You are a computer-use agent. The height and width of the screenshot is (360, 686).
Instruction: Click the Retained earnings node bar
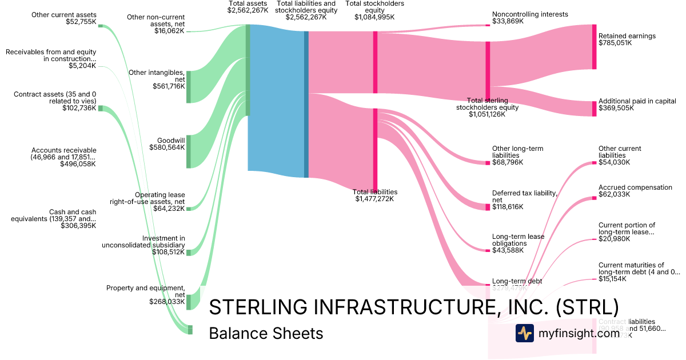tap(594, 47)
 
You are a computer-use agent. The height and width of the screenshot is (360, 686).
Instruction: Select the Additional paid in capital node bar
tap(594, 109)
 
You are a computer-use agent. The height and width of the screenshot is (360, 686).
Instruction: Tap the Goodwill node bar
tap(189, 151)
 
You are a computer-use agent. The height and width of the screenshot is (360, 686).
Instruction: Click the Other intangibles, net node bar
tap(189, 87)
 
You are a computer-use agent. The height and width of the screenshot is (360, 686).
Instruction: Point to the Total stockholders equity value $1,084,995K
tap(374, 17)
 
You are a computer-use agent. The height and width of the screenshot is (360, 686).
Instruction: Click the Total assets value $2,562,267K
tap(248, 10)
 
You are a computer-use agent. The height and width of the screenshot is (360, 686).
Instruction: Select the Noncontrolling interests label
tap(530, 14)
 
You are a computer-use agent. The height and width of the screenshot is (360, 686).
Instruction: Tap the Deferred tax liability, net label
tap(524, 197)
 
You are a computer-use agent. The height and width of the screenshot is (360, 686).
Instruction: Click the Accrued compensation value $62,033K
tap(614, 194)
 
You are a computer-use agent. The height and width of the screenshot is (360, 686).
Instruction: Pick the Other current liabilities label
tap(620, 152)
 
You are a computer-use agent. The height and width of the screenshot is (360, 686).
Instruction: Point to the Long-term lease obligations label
tap(518, 240)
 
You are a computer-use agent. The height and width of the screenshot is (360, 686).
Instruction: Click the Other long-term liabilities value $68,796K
tap(508, 162)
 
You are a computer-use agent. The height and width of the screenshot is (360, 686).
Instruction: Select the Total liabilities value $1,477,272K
tap(374, 199)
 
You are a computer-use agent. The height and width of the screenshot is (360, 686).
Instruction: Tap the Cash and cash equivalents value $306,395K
tap(78, 226)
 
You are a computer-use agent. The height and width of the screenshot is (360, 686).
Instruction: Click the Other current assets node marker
tap(101, 26)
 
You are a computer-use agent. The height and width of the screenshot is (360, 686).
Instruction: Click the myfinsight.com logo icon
tap(524, 333)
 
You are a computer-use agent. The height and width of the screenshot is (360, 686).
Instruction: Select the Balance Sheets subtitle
tap(266, 333)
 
